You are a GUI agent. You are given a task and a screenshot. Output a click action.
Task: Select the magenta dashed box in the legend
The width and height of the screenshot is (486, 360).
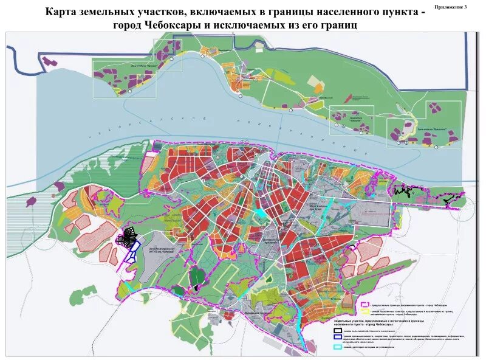[364, 305]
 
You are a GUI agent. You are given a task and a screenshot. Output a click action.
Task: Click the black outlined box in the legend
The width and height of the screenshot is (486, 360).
[338, 330]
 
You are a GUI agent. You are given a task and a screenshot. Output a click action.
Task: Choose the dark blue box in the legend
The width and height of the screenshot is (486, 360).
[338, 336]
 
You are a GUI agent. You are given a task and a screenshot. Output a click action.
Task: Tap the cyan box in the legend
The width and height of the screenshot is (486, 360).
[338, 347]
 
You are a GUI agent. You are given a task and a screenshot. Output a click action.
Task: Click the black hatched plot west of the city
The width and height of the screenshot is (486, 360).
[129, 237]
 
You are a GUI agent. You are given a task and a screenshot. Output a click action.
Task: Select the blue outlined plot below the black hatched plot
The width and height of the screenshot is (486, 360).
[132, 251]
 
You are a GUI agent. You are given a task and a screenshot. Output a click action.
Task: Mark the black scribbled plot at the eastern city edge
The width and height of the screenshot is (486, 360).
[405, 192]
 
